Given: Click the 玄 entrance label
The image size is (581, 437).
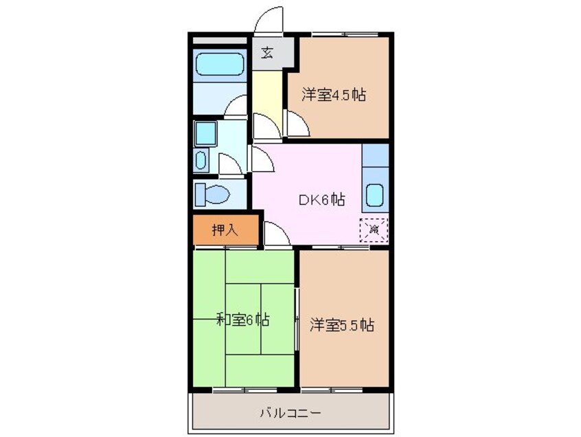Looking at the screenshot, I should coord(267,54).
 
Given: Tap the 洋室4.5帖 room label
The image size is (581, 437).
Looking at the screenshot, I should coord(333,96).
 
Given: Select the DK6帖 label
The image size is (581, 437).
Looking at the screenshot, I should coord(321,200).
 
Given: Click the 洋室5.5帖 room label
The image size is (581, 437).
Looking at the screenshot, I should coord(341,324).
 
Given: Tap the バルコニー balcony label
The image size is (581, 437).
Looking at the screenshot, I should coord(290,413).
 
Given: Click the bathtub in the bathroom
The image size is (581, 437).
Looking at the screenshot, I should coord(219,66).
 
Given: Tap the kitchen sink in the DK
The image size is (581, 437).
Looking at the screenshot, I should coord(374,195).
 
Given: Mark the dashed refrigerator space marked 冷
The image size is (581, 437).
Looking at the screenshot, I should coord(374,229).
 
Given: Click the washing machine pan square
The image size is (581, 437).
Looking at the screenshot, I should coord(205,133).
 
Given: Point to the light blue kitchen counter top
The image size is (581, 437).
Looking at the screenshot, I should coord(374,157).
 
